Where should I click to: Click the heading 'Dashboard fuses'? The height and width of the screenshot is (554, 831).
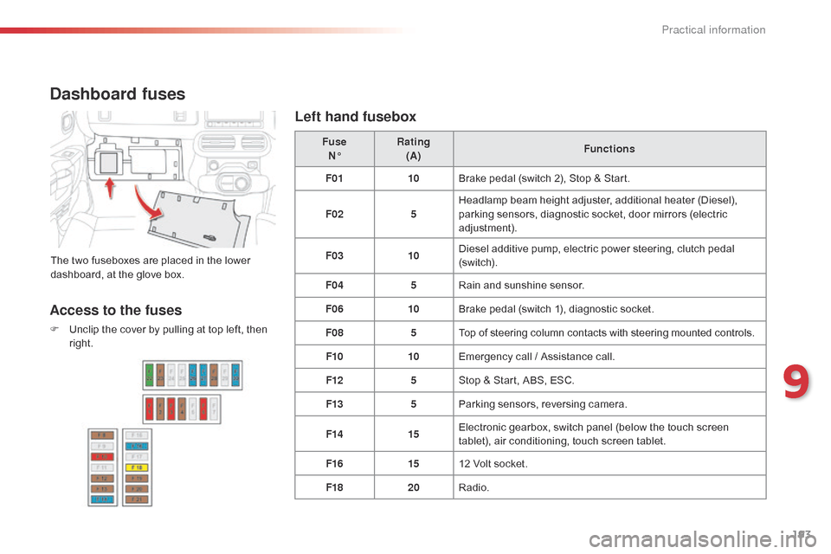click(118, 94)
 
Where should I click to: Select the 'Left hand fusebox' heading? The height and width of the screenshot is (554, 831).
click(356, 116)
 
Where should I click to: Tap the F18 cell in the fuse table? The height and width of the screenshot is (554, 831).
click(333, 487)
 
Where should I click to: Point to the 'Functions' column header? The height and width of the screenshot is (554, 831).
click(609, 149)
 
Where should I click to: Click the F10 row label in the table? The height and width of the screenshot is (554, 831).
click(333, 357)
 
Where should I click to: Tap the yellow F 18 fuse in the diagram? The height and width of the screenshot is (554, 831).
click(137, 467)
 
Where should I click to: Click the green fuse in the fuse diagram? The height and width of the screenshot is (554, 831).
click(150, 375)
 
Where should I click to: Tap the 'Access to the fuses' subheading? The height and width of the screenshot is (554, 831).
click(116, 310)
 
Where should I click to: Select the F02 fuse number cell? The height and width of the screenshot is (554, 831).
click(333, 214)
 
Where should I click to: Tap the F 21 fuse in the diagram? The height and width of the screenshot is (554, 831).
click(137, 499)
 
